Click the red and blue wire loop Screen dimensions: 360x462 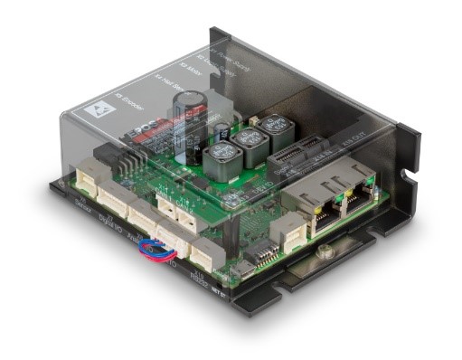165,244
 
